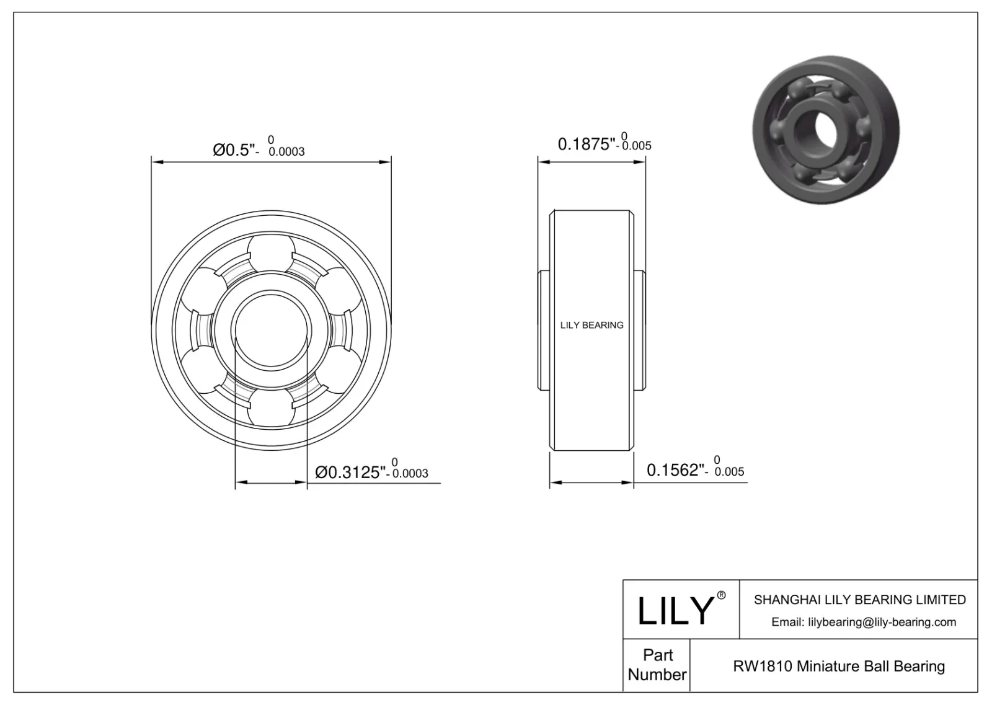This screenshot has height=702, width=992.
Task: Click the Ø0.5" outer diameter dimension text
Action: point(234,149)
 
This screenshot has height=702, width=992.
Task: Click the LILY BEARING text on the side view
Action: point(591,325)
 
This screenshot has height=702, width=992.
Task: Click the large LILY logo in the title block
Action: point(676,610)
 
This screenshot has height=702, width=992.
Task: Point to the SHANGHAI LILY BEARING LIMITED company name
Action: point(859,600)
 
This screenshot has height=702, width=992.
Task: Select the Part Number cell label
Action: point(657,665)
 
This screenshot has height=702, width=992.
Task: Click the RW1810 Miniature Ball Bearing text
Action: point(838,666)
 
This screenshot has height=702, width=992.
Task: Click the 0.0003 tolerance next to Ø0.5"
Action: point(286,151)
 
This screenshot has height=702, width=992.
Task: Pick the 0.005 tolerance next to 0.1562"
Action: point(729,472)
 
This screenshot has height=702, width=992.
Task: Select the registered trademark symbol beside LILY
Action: point(721,595)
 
